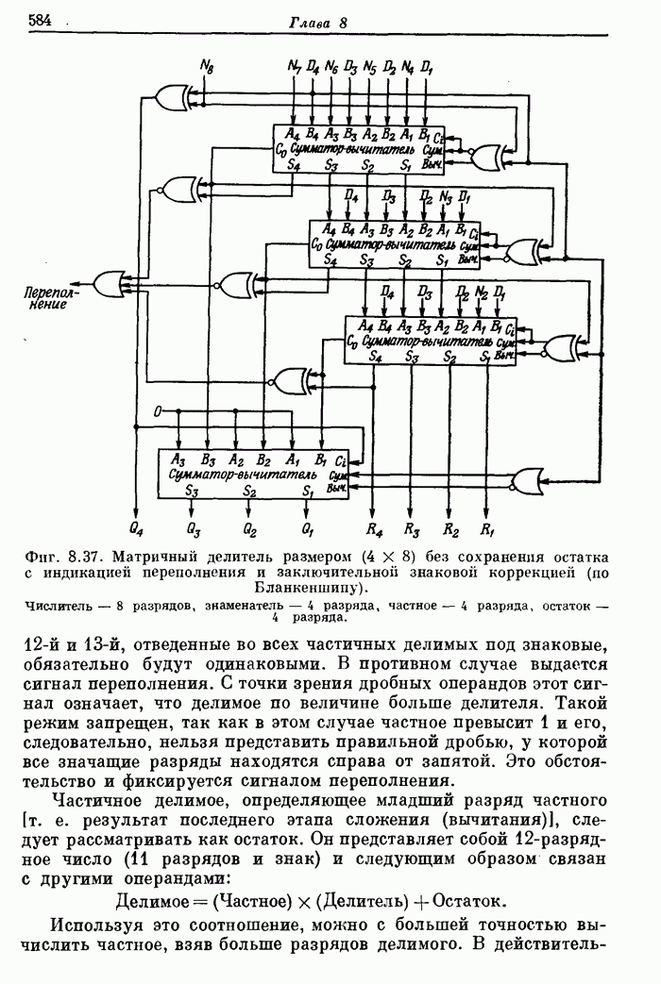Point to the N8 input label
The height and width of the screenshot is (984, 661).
(x=208, y=66)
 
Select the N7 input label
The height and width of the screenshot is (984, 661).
(x=293, y=66)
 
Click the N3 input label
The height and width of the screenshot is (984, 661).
(x=446, y=196)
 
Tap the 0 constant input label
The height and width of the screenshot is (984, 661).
(x=159, y=410)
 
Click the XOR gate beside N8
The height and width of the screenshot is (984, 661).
(x=172, y=96)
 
